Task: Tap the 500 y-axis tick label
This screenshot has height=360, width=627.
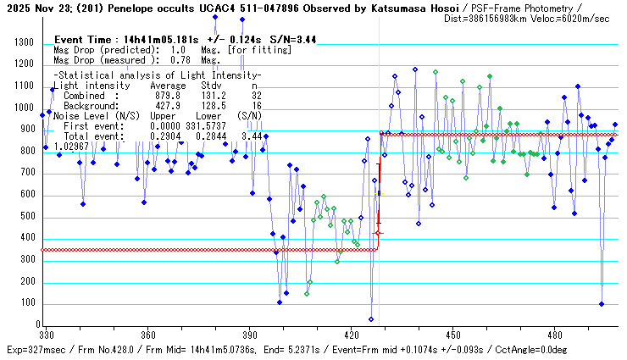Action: [x=27, y=217]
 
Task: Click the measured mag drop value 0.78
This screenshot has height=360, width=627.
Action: [x=180, y=60]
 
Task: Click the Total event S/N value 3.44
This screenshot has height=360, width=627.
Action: [x=250, y=136]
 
